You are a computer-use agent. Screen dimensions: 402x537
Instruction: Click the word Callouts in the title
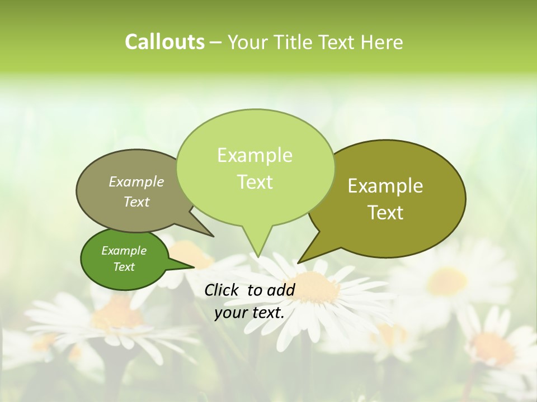tap(164, 42)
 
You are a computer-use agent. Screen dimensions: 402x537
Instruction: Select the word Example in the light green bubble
tap(255, 155)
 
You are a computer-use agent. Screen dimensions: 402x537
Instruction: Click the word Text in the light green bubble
tap(255, 182)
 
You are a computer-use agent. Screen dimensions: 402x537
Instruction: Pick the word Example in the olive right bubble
tap(385, 186)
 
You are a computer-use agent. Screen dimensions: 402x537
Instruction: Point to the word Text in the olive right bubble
tap(385, 213)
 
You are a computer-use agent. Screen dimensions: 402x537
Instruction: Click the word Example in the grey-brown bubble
tap(136, 182)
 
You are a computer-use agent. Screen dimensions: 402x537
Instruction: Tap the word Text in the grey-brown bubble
tap(136, 202)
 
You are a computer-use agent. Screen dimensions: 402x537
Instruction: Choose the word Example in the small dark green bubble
tap(124, 251)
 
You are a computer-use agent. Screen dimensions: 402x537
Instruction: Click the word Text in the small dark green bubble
tap(124, 267)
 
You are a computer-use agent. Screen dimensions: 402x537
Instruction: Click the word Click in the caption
tap(222, 290)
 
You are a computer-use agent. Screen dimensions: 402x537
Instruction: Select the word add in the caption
tap(281, 290)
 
